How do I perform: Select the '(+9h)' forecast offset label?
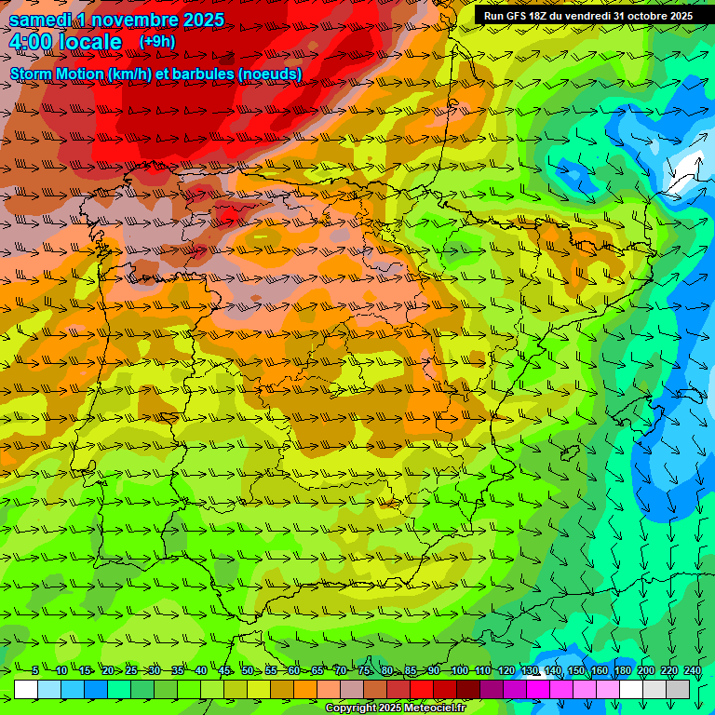pos(156,42)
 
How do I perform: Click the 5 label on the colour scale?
pos(34,670)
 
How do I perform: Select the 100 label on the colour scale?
pos(459,670)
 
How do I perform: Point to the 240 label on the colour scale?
pos(692,670)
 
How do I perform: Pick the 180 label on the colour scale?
pos(622,670)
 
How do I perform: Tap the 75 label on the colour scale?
pos(365,670)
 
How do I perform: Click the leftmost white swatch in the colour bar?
pos(26,689)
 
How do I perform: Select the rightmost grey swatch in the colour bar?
pos(678,689)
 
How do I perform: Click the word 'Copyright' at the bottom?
pos(350,708)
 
